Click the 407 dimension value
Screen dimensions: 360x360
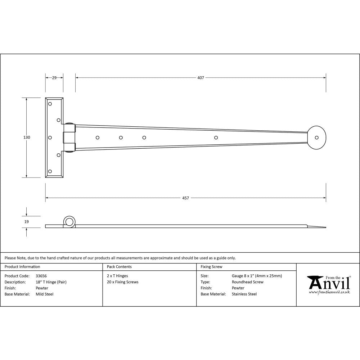[201, 78]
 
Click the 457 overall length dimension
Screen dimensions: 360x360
[185, 198]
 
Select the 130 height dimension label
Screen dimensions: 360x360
[27, 138]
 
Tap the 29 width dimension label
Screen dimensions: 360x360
[54, 78]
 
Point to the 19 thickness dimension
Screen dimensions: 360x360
[27, 222]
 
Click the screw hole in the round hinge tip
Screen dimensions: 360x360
[317, 138]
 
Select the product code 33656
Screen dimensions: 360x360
[41, 276]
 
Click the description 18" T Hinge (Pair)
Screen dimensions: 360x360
[51, 282]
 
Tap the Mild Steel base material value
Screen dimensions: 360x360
[45, 294]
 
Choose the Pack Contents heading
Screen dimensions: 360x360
[119, 267]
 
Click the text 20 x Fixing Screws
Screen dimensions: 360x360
[122, 282]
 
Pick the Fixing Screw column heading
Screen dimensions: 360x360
[211, 267]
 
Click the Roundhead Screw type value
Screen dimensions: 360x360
[247, 282]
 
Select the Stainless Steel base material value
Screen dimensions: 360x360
[244, 294]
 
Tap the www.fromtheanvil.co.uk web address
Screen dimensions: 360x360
[329, 292]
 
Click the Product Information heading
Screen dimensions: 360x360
[22, 267]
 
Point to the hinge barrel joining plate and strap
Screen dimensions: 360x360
[69, 138]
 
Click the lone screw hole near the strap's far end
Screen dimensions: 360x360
[216, 138]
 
